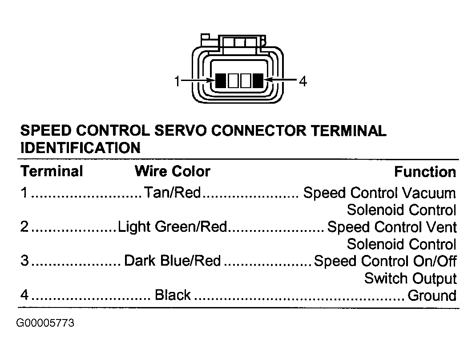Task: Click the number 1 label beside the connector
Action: click(177, 81)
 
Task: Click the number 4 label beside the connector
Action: click(303, 81)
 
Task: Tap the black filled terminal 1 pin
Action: click(221, 81)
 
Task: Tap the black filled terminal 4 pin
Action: click(258, 81)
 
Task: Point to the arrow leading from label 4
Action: click(280, 80)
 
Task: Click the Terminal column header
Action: click(52, 171)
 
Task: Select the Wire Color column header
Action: click(173, 171)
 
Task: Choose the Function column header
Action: click(425, 172)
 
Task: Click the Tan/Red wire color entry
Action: click(172, 192)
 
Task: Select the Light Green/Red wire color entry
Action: click(172, 227)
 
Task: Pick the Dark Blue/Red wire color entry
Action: click(172, 261)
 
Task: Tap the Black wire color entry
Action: click(173, 295)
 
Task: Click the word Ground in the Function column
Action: click(432, 295)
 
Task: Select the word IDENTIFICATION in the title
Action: click(81, 148)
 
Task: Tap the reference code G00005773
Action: click(45, 323)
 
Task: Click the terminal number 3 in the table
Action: click(24, 261)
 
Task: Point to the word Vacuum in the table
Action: click(429, 193)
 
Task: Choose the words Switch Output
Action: click(410, 279)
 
